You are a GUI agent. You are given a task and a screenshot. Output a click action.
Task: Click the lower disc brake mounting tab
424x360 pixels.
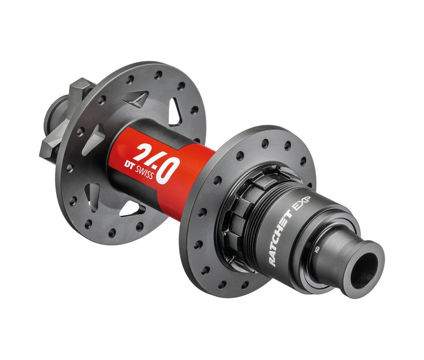click(x=49, y=146)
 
